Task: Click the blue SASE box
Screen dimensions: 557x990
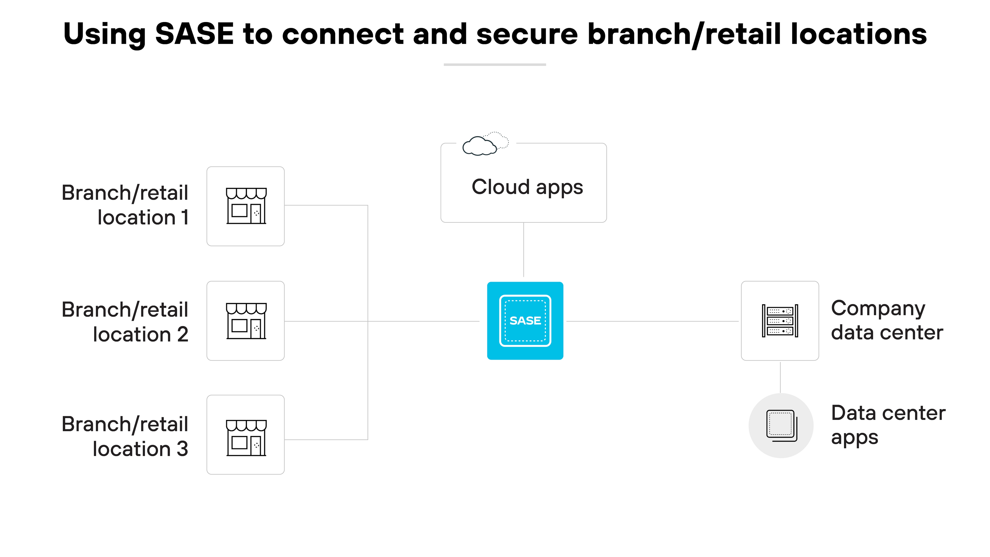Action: point(525,321)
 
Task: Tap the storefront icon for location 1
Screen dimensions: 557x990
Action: point(246,206)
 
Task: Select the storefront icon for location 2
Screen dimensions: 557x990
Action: point(246,321)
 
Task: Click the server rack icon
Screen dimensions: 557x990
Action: point(780,321)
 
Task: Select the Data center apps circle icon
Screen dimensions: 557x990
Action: point(781,425)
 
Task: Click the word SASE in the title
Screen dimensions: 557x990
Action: point(194,34)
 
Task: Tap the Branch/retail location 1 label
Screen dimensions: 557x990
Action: point(125,205)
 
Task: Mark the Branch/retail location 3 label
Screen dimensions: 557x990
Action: point(125,436)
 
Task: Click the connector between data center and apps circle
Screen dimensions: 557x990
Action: point(780,377)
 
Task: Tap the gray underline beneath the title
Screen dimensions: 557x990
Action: point(495,65)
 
